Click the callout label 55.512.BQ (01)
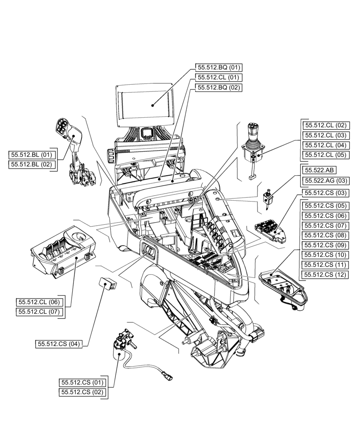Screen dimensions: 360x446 219,67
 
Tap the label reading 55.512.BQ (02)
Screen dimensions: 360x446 219,87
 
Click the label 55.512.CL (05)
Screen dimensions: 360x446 325,155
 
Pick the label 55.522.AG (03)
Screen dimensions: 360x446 325,181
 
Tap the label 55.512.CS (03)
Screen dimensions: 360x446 325,193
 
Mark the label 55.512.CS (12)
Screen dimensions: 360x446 325,274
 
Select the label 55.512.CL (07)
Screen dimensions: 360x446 39,312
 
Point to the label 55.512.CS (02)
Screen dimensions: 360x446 82,392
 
